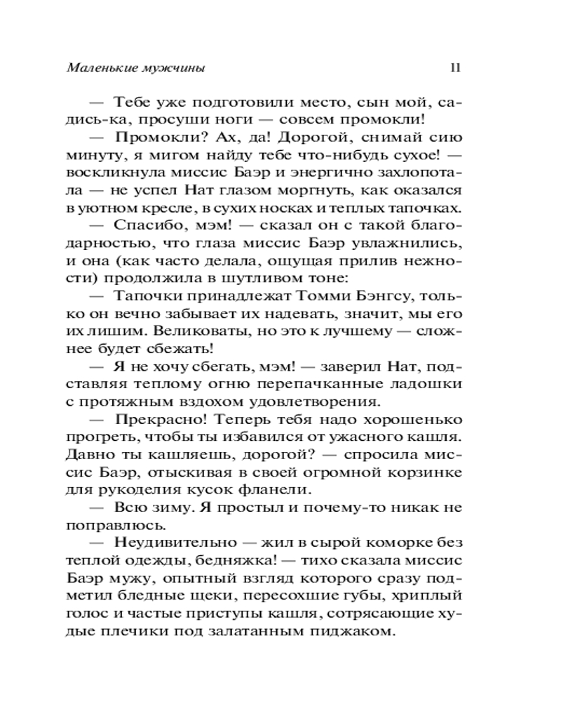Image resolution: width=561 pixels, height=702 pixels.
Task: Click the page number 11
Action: coord(454,69)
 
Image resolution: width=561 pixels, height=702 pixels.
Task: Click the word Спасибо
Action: coord(140,225)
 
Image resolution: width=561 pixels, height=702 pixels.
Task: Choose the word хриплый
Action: coord(427,596)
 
